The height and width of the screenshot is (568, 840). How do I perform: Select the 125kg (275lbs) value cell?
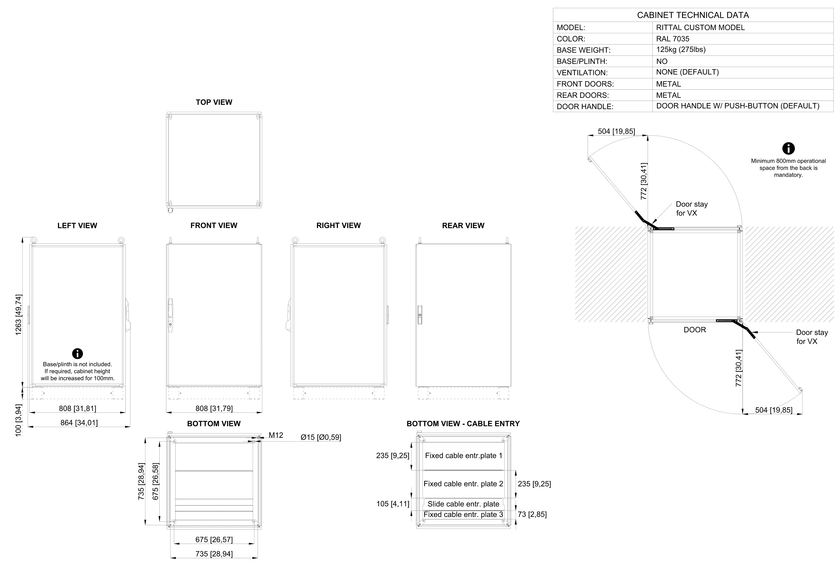click(x=681, y=50)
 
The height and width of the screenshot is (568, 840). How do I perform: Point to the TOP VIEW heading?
click(x=214, y=102)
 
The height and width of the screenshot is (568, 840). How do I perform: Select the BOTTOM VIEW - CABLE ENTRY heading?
click(x=463, y=424)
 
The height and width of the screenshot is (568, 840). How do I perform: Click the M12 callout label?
click(x=276, y=435)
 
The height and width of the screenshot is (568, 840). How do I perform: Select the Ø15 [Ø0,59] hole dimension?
click(x=321, y=437)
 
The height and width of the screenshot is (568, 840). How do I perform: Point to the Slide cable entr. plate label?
click(x=463, y=504)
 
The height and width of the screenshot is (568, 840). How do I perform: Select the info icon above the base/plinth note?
click(x=77, y=353)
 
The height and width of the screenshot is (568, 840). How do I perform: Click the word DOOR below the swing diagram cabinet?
click(x=695, y=330)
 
